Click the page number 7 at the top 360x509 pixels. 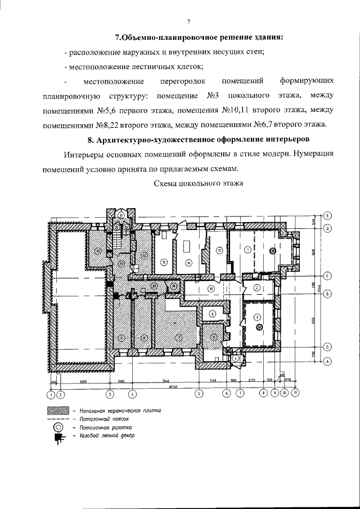pyautogui.click(x=188, y=22)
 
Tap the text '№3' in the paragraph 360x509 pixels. pyautogui.click(x=217, y=93)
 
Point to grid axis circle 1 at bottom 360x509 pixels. pyautogui.click(x=52, y=393)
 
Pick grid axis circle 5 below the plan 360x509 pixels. pyautogui.click(x=199, y=393)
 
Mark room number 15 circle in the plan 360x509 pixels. pyautogui.click(x=163, y=262)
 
